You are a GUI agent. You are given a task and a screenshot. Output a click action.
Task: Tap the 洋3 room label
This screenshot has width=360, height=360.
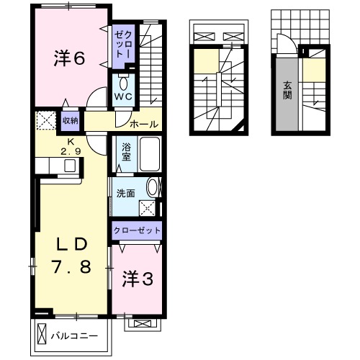(137, 278)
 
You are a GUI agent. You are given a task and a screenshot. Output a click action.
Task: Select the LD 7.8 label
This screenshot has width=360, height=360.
(71, 255)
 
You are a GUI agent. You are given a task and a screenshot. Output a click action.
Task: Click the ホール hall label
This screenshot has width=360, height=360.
(144, 124)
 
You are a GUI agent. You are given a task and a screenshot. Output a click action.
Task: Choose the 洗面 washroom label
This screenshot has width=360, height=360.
(126, 192)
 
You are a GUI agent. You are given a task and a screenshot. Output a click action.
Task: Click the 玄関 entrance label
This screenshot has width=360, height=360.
(287, 91)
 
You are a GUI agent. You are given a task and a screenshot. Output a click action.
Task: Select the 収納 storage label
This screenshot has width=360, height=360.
(70, 120)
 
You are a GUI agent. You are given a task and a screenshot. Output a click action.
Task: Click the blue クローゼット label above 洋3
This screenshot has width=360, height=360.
(136, 230)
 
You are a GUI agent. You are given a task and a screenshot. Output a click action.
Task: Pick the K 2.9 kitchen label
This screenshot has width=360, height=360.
(71, 146)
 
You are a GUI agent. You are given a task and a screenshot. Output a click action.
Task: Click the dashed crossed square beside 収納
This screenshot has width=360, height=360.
(46, 120)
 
